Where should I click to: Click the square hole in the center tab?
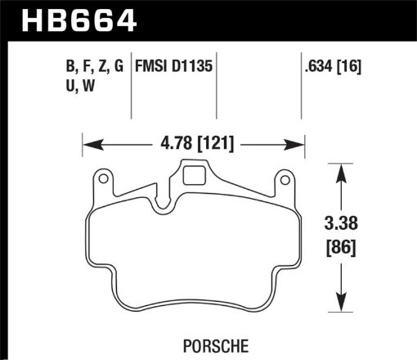[194, 173]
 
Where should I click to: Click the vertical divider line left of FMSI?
[132, 90]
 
